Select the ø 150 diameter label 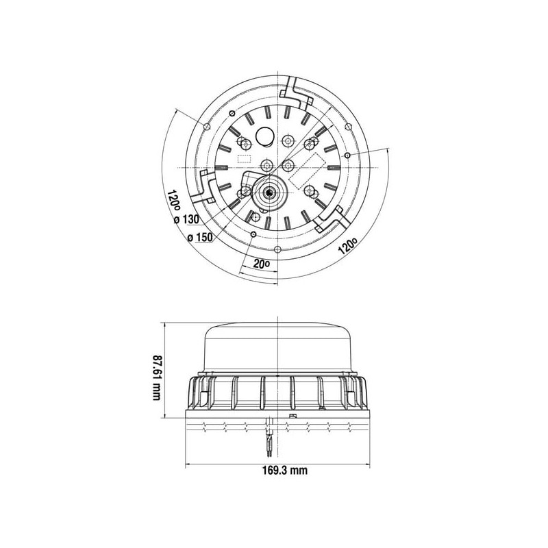[x=200, y=238]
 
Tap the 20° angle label [x=262, y=264]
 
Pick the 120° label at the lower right [x=348, y=245]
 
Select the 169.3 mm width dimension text [x=285, y=471]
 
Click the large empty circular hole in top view [x=266, y=136]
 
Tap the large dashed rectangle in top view [x=308, y=171]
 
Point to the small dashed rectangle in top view [x=245, y=159]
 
